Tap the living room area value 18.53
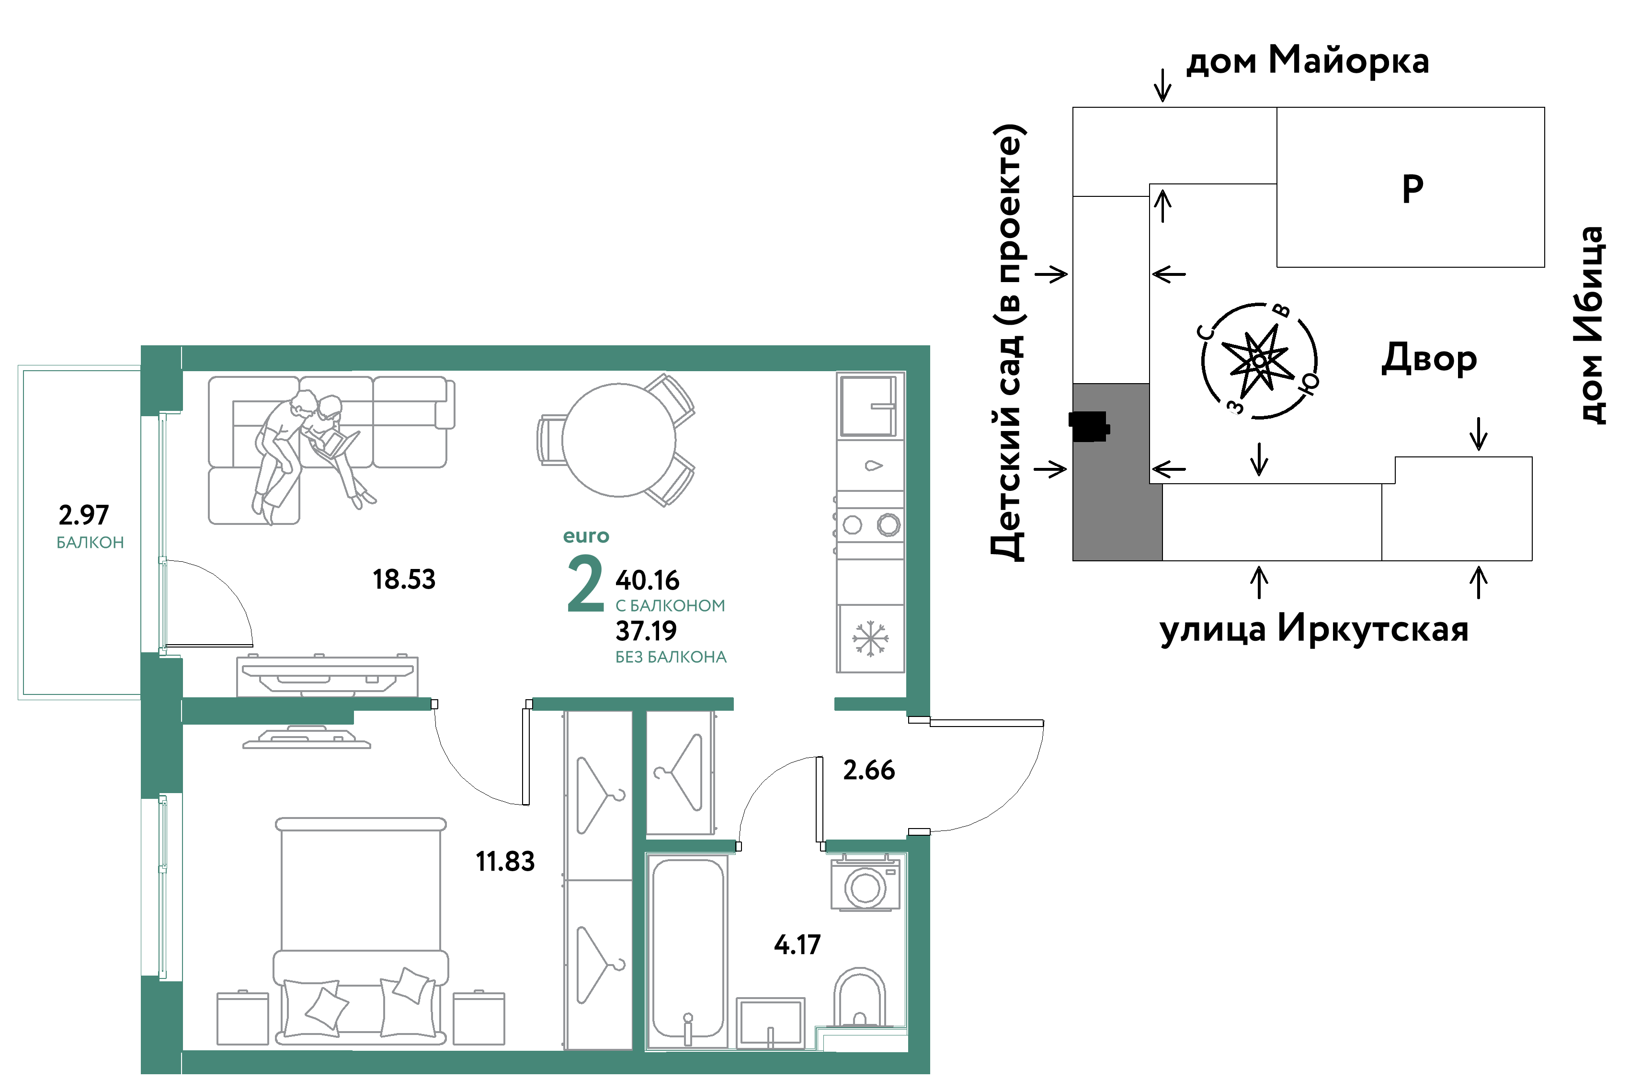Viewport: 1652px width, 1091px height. [404, 580]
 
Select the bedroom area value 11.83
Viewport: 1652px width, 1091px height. [505, 862]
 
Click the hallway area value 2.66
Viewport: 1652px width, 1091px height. [869, 770]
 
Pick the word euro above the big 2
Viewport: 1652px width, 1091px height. [586, 536]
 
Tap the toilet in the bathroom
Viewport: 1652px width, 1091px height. [860, 998]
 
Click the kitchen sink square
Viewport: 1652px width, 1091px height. [868, 406]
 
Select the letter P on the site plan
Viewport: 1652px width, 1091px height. [1413, 189]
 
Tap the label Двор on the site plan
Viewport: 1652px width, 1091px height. [1429, 359]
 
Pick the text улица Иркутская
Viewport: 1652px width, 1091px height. [1314, 629]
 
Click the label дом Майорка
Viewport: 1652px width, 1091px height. [1308, 60]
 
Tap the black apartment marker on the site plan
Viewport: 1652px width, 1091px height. [1090, 427]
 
